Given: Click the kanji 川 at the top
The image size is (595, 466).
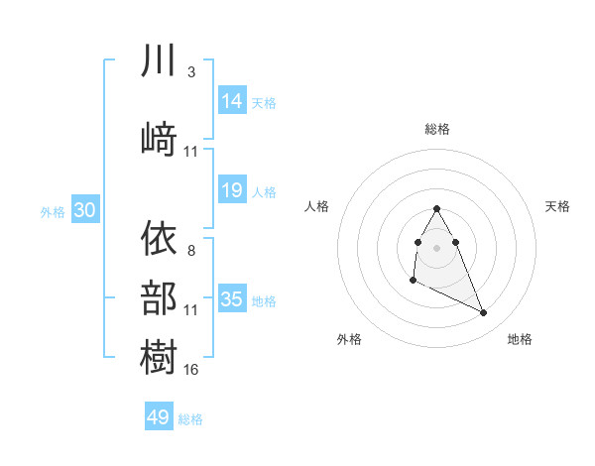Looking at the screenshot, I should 159,61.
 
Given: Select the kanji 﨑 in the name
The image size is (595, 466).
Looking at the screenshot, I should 159,138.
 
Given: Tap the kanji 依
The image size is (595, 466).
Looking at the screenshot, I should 159,238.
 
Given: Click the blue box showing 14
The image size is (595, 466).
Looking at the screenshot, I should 232,100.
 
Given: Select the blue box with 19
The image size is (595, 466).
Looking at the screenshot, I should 232,190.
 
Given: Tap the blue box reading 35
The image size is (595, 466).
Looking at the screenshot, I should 232,299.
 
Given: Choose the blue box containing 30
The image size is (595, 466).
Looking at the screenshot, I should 84,210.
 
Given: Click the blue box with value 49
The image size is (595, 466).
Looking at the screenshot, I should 159,417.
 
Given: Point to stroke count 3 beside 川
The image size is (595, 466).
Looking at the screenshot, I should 190,73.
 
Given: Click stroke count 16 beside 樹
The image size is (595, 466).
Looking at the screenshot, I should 191,369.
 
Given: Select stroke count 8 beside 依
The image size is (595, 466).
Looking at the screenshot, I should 190,251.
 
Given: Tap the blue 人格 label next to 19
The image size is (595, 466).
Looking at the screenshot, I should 265,191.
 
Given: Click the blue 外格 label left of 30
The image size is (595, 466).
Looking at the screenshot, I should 53,211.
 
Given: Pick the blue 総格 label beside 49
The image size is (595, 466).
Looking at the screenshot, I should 191,419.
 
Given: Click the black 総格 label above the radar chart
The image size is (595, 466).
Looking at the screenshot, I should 437,129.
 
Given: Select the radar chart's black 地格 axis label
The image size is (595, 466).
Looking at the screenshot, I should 520,339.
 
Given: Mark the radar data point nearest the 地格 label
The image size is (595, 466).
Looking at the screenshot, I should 484,313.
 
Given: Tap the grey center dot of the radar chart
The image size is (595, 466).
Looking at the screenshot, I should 437,246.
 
